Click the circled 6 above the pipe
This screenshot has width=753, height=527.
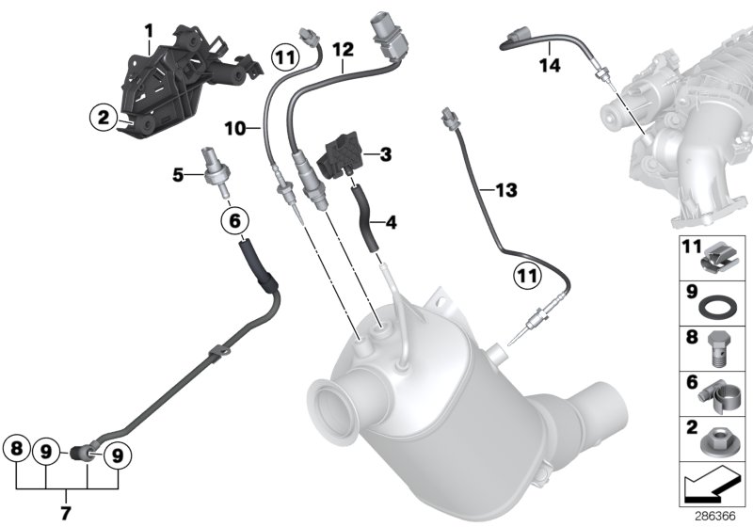point(235,221)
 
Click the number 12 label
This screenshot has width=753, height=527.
point(342,49)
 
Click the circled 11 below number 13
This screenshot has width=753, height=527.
point(528,277)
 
